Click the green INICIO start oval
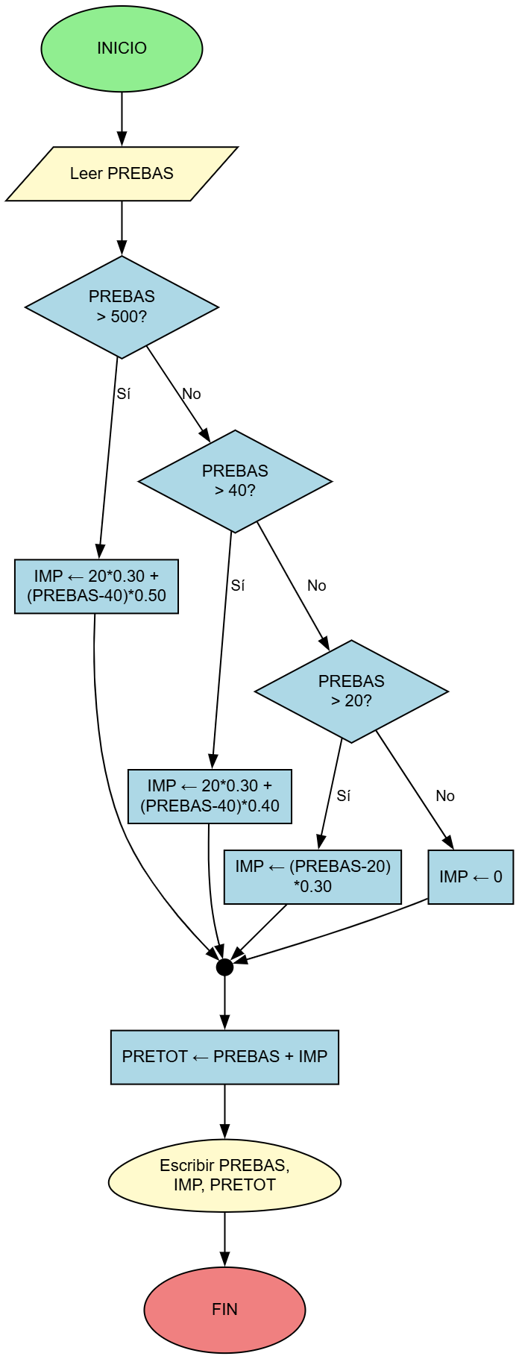[x=122, y=48]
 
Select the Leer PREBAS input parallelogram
[x=122, y=174]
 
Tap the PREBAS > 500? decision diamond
[x=122, y=307]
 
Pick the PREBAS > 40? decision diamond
[x=235, y=480]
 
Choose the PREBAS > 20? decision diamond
[x=351, y=691]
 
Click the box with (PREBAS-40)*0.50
[x=96, y=586]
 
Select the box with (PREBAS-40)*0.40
[x=210, y=797]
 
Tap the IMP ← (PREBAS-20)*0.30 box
[x=312, y=876]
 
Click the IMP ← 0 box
[x=471, y=876]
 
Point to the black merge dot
[x=224, y=967]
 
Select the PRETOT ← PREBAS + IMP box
[x=224, y=1057]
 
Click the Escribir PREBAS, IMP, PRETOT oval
[x=224, y=1176]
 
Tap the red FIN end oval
[x=224, y=1309]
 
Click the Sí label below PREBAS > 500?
[x=124, y=394]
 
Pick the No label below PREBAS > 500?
[x=192, y=394]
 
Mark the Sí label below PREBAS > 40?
[x=238, y=586]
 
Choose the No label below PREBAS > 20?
[x=445, y=796]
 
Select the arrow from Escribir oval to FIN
[x=224, y=1239]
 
